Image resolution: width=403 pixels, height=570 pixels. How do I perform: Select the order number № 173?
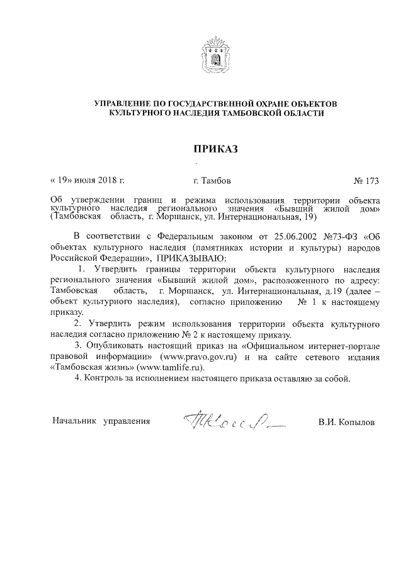coord(368,181)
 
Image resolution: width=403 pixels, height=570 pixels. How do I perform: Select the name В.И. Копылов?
coord(346,422)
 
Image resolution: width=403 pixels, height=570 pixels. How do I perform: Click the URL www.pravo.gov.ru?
coord(199,356)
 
